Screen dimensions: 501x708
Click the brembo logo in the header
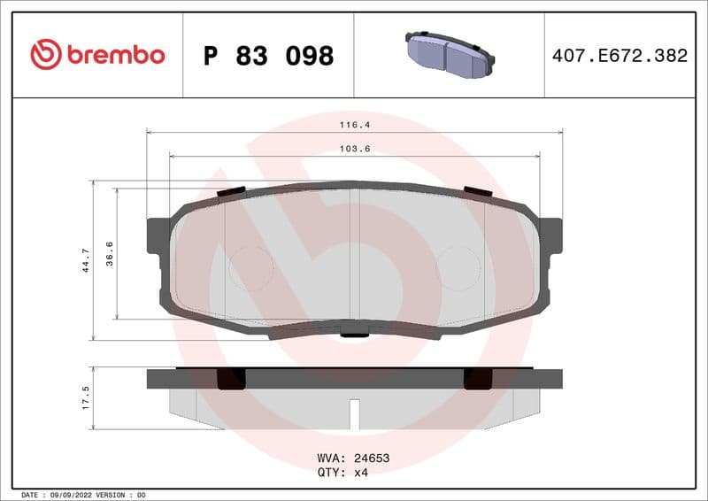[x=97, y=55]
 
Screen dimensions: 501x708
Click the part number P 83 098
[x=268, y=56]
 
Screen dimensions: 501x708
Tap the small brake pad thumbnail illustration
[x=448, y=55]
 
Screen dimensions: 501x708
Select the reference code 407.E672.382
[x=619, y=56]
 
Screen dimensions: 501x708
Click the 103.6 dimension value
[x=354, y=150]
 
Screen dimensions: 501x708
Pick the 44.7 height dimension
[x=86, y=260]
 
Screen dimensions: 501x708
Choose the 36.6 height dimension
[x=110, y=253]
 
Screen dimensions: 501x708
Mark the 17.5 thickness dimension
[x=86, y=396]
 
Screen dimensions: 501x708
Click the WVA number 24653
[x=372, y=459]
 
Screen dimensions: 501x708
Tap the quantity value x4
[x=360, y=472]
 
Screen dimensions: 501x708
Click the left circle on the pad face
[x=251, y=266]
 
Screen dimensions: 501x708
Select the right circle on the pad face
[x=458, y=266]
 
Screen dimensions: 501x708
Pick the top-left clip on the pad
[x=231, y=190]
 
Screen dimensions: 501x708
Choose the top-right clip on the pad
[x=478, y=190]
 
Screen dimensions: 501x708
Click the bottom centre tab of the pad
[x=354, y=334]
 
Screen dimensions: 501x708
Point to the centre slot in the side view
[x=354, y=413]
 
